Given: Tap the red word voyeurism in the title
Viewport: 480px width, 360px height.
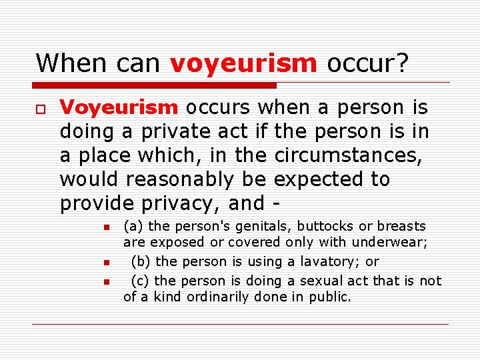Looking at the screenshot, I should click(x=243, y=63).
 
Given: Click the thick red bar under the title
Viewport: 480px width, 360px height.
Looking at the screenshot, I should click(x=155, y=85).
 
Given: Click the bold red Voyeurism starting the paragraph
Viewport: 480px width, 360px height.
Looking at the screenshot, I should click(x=119, y=108).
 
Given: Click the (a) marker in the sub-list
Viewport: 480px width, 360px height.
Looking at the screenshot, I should click(x=133, y=227).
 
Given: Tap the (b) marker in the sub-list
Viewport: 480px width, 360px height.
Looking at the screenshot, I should click(x=141, y=262).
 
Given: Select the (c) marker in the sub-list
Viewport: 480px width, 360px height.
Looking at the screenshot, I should click(x=140, y=281).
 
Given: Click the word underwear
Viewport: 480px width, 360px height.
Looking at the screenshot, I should click(x=394, y=243).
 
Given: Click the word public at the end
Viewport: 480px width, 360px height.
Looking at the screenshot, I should click(x=329, y=297).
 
